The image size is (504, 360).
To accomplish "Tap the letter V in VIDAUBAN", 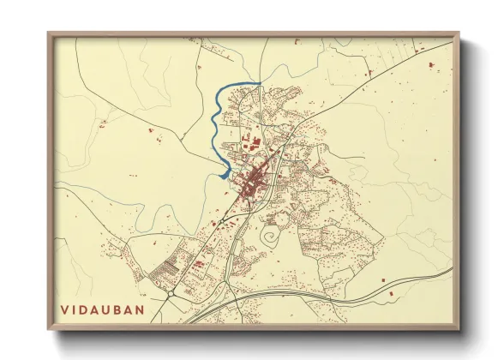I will coord(65,307).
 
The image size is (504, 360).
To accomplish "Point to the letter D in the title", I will coord(87,307).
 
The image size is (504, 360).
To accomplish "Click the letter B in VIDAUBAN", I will coord(127,307).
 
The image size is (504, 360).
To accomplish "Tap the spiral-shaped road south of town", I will coord(273,232).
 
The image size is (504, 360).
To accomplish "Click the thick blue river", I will coord(214,129).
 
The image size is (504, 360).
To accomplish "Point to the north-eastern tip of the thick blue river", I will coord(258,83).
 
